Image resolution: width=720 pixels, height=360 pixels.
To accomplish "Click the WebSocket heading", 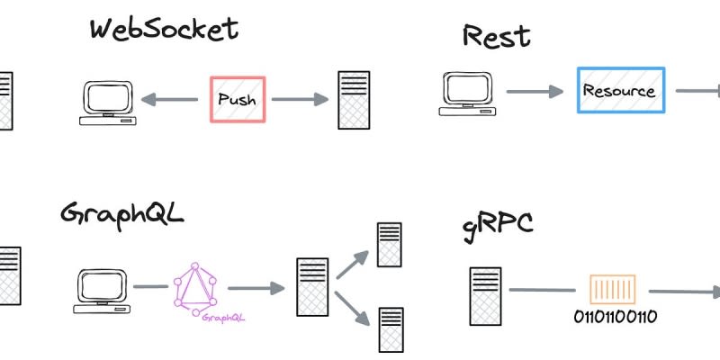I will [x=164, y=29].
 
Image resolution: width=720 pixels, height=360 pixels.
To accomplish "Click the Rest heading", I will [x=496, y=37].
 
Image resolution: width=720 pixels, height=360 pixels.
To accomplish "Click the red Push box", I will [x=238, y=99].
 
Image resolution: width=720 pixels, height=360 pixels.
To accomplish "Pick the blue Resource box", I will [x=620, y=90].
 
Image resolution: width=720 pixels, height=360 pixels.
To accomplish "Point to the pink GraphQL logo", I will [x=196, y=288].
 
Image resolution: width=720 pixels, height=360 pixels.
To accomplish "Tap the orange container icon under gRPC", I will [x=611, y=290].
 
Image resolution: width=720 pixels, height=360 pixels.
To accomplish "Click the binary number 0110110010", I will [x=614, y=317].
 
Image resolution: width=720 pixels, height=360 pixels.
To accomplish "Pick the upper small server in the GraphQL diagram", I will [x=389, y=244].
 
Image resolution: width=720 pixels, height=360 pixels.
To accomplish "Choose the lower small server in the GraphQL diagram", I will [x=390, y=328].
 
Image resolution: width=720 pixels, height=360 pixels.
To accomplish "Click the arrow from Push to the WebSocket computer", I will [x=170, y=100].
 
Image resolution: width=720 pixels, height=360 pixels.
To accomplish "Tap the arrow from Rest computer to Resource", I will [x=535, y=92].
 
